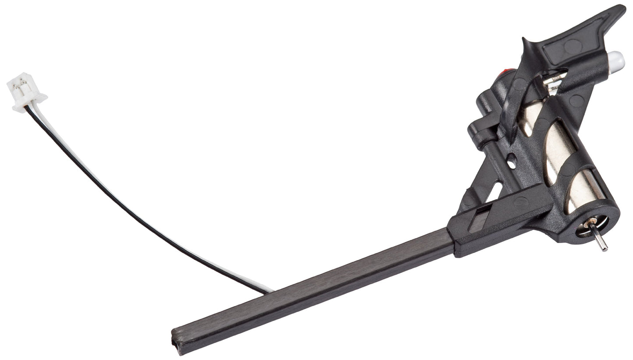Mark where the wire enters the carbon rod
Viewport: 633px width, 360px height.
tap(267, 291)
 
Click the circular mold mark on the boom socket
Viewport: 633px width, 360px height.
tap(520, 202)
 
